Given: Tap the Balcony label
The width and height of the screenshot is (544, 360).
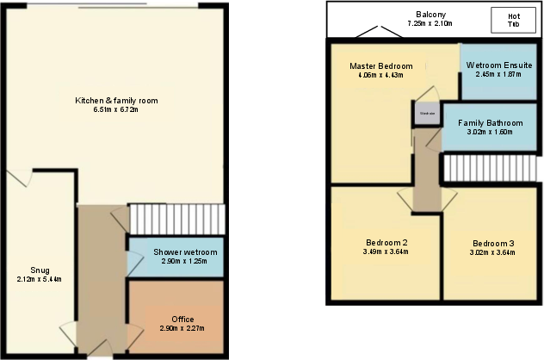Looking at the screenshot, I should tap(430, 15).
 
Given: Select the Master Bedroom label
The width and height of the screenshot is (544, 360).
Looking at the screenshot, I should tap(380, 66).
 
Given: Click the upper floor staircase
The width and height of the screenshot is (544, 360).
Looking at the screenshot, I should tap(491, 169).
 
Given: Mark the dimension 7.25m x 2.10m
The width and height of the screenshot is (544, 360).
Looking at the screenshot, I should tap(430, 24).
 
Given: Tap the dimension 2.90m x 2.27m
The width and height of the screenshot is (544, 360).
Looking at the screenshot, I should tap(182, 329).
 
